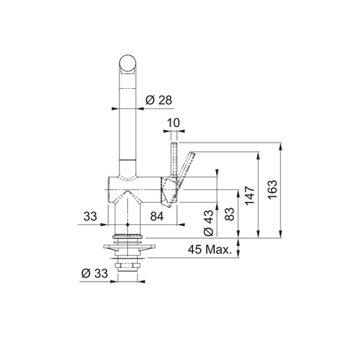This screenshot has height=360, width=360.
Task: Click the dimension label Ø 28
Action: coord(159,101)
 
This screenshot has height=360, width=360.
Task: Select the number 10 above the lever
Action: coord(174,123)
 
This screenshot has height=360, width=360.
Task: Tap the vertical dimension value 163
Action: coord(273,189)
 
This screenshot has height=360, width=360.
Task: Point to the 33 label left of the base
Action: coord(89,217)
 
